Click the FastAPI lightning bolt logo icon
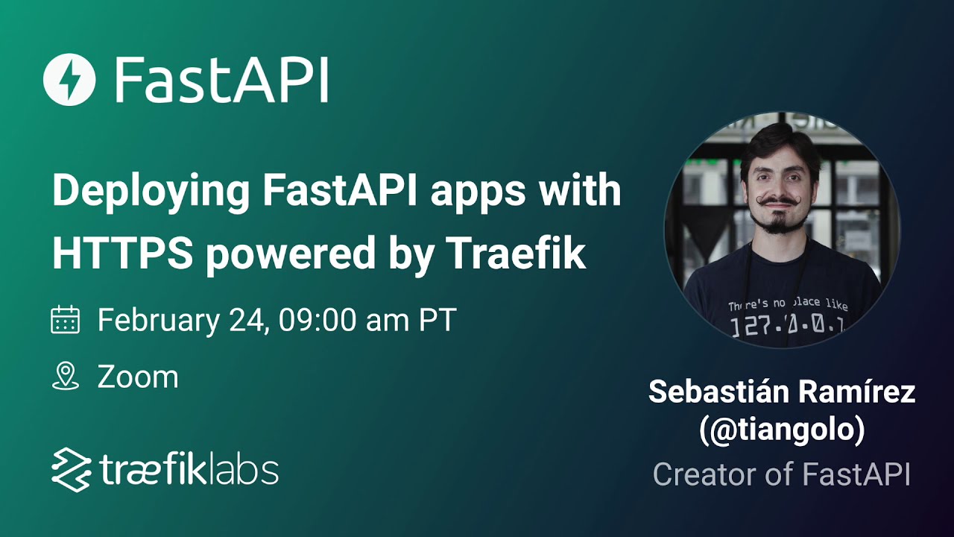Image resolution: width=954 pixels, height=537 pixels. (x=70, y=80)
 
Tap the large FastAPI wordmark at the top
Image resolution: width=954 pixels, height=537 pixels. (x=221, y=80)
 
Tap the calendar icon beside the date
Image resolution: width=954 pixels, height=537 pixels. (x=65, y=319)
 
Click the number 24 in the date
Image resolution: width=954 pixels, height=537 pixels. (x=246, y=320)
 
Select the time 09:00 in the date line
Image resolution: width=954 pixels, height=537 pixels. (x=319, y=320)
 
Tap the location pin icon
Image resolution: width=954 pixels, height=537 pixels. (x=65, y=376)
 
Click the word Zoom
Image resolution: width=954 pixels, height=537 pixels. (x=138, y=377)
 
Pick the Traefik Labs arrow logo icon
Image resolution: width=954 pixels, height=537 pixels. (x=71, y=469)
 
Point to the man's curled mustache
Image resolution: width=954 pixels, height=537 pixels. (x=777, y=201)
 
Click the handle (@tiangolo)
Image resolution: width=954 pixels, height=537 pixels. (x=782, y=432)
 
